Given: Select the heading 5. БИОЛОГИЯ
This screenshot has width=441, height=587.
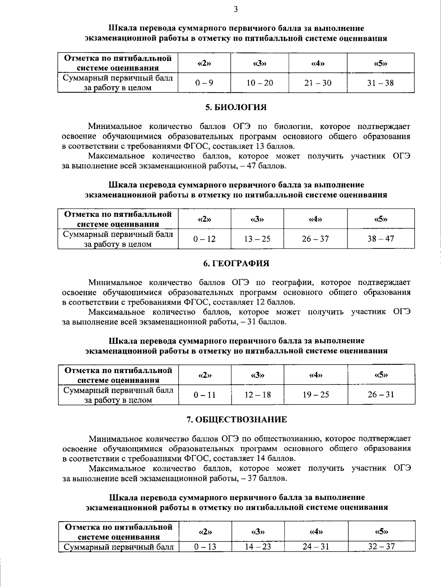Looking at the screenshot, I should (x=236, y=107).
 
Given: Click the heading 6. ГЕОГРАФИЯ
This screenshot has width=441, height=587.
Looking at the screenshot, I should (x=236, y=263).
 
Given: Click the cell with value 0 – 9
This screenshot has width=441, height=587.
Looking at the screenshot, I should (x=204, y=83).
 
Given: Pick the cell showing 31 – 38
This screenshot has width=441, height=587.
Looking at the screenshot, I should (x=380, y=83).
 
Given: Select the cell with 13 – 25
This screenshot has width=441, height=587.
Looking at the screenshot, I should (x=257, y=239).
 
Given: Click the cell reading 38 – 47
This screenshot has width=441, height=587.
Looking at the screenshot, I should (x=380, y=239).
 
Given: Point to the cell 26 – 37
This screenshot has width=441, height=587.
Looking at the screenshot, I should (x=315, y=239).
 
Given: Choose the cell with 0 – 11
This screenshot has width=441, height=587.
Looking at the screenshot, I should (x=205, y=395).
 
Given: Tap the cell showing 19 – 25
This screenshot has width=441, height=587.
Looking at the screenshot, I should (x=316, y=395).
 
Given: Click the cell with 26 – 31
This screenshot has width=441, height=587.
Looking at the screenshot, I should (x=381, y=395).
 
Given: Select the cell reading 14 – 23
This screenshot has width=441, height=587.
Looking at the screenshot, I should (x=258, y=547).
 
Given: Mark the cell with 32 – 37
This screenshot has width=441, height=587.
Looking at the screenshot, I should (x=381, y=547).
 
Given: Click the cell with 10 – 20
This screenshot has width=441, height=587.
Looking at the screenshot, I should (x=259, y=83).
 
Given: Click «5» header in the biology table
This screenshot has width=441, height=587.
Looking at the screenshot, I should (x=381, y=219).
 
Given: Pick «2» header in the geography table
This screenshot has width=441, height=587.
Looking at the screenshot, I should (x=205, y=375).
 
